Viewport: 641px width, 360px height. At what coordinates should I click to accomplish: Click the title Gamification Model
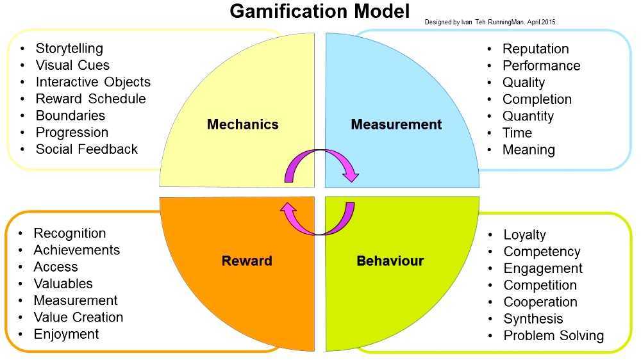pyautogui.click(x=319, y=12)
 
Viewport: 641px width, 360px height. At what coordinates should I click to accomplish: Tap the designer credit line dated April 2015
pyautogui.click(x=490, y=22)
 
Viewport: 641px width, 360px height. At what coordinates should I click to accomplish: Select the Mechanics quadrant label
pyautogui.click(x=242, y=124)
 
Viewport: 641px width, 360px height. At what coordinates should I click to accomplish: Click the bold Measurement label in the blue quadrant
pyautogui.click(x=396, y=124)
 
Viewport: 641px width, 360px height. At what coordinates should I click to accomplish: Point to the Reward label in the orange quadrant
pyautogui.click(x=247, y=261)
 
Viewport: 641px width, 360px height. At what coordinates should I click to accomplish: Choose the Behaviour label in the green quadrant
pyautogui.click(x=390, y=261)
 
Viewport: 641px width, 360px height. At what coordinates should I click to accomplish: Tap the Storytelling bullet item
pyautogui.click(x=69, y=49)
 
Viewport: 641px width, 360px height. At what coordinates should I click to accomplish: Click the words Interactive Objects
pyautogui.click(x=93, y=82)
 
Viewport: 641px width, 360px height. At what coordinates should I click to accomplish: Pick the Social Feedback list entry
pyautogui.click(x=87, y=149)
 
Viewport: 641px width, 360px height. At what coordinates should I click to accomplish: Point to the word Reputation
pyautogui.click(x=535, y=49)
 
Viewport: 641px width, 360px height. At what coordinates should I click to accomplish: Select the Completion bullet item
pyautogui.click(x=537, y=99)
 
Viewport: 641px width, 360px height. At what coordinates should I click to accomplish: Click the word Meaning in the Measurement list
pyautogui.click(x=528, y=150)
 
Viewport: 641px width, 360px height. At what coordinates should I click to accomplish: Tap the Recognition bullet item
pyautogui.click(x=70, y=233)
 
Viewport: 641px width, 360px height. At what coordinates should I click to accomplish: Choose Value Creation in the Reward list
pyautogui.click(x=78, y=317)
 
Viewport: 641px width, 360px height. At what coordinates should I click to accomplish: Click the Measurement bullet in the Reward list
pyautogui.click(x=76, y=300)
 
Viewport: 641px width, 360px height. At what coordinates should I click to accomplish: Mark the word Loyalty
pyautogui.click(x=524, y=235)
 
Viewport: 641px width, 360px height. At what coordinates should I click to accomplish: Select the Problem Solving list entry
pyautogui.click(x=553, y=336)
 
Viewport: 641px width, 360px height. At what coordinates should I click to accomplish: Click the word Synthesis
pyautogui.click(x=533, y=319)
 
